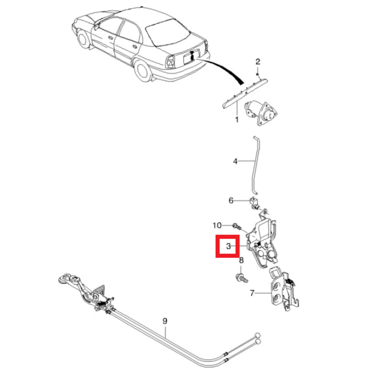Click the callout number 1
237,119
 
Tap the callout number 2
258,61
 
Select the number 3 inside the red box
228,246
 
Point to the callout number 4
235,161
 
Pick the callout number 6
231,200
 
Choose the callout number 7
252,293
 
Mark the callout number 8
241,260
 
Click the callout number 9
165,321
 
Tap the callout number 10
217,225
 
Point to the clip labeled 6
254,203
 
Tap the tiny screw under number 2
258,74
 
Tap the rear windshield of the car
167,32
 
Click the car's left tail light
171,61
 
